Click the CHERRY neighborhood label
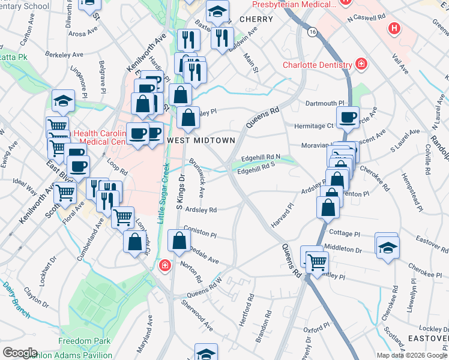[x=256, y=19]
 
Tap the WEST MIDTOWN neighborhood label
[x=200, y=140]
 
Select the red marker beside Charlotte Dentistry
[x=361, y=64]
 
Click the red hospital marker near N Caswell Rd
[x=394, y=28]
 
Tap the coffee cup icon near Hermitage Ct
[x=347, y=117]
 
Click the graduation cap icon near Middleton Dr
[x=388, y=247]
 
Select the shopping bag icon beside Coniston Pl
[x=179, y=241]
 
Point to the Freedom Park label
[x=85, y=341]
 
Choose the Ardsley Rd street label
[x=200, y=210]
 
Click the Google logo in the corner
[x=20, y=352]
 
